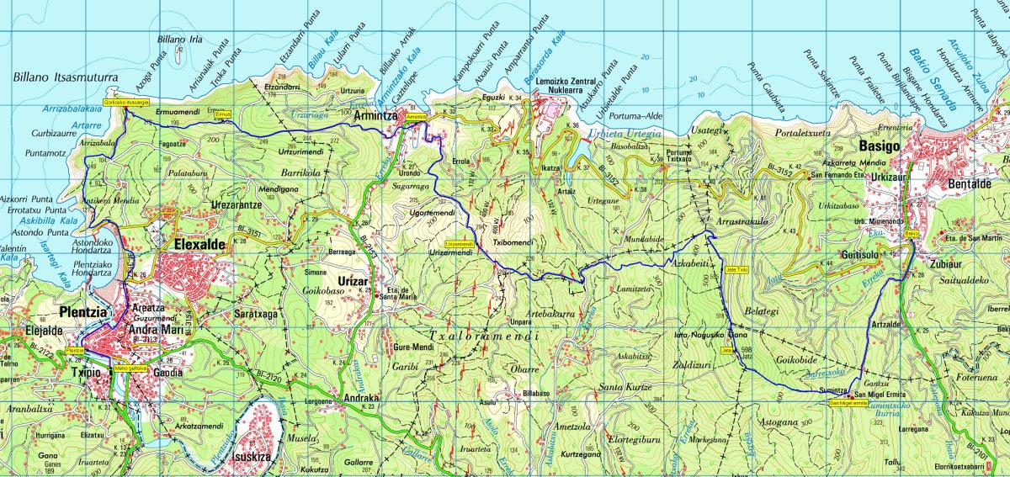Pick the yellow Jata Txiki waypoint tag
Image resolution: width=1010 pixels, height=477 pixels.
(x=736, y=269)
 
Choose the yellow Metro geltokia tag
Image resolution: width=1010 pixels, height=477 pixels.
(x=130, y=368)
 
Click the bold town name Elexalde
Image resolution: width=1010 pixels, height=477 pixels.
(x=199, y=244)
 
